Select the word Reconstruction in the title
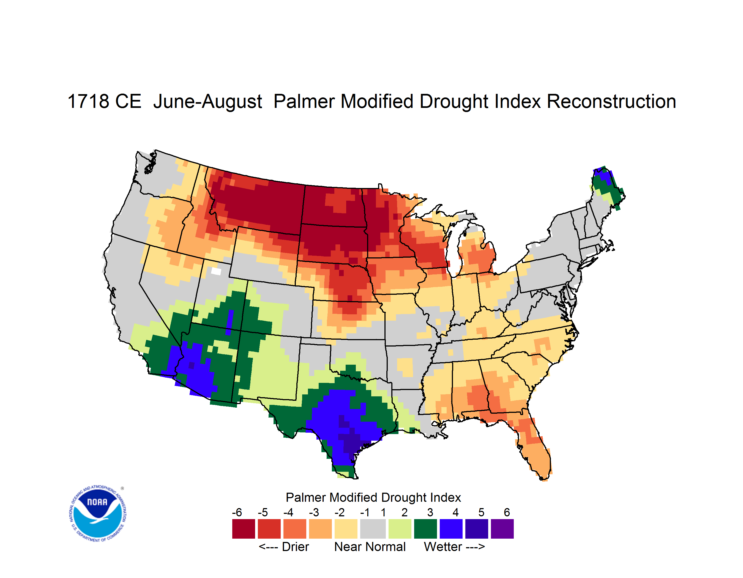click(611, 101)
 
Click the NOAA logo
click(98, 514)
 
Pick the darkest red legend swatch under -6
click(244, 529)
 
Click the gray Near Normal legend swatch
click(373, 529)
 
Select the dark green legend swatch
click(425, 529)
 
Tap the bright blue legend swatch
click(451, 529)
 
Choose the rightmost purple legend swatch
click(502, 529)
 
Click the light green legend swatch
click(400, 529)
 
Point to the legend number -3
click(314, 512)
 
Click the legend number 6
click(507, 512)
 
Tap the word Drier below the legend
click(295, 547)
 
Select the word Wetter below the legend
click(443, 547)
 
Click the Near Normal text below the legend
click(370, 547)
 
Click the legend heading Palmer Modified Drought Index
click(373, 497)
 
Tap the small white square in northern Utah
click(216, 271)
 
